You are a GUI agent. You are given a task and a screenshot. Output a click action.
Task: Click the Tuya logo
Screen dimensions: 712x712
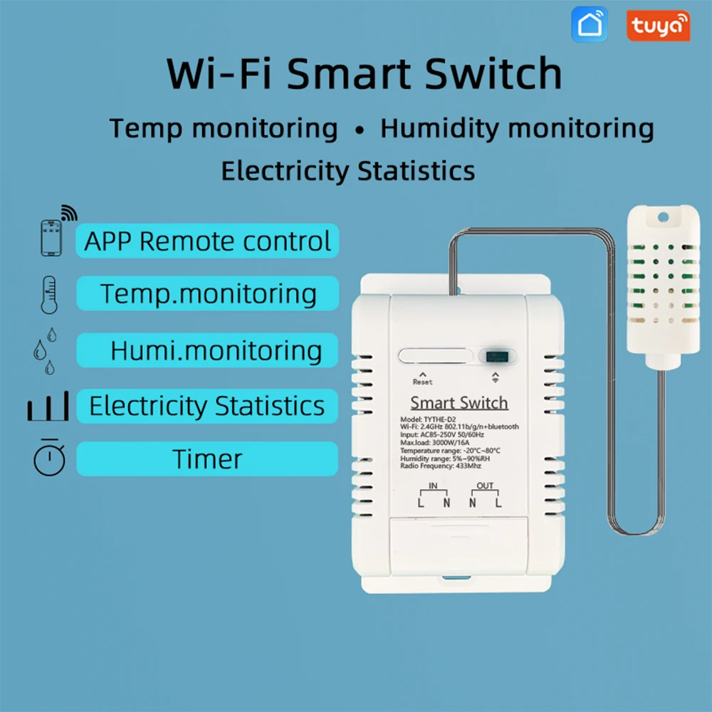click(x=658, y=25)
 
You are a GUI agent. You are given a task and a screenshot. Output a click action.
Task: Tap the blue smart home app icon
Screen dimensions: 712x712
click(x=590, y=25)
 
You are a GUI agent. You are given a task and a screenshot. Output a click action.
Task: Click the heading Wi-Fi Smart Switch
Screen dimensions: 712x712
click(x=364, y=73)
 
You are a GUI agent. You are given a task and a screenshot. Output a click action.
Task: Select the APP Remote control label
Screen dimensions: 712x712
click(x=207, y=241)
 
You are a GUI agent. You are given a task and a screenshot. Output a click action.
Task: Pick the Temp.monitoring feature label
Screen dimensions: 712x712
click(x=207, y=293)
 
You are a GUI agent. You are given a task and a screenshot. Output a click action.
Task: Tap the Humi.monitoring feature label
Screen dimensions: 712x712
click(x=207, y=350)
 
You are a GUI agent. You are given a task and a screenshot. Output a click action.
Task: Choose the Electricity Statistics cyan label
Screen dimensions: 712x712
click(x=207, y=406)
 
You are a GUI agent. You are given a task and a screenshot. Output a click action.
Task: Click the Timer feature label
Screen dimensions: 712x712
click(x=207, y=459)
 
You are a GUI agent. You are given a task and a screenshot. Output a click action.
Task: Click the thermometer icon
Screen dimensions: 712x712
click(x=48, y=293)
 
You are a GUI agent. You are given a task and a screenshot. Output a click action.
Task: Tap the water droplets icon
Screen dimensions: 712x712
click(x=44, y=350)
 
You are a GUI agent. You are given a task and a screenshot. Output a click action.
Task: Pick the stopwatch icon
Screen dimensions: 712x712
click(x=49, y=458)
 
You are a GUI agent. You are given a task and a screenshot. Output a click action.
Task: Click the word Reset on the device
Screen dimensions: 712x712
click(x=422, y=382)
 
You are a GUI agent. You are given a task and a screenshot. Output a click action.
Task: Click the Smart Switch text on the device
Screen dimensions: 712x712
click(x=459, y=403)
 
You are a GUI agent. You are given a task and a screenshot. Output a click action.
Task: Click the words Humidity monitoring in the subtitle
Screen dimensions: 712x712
click(x=517, y=129)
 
